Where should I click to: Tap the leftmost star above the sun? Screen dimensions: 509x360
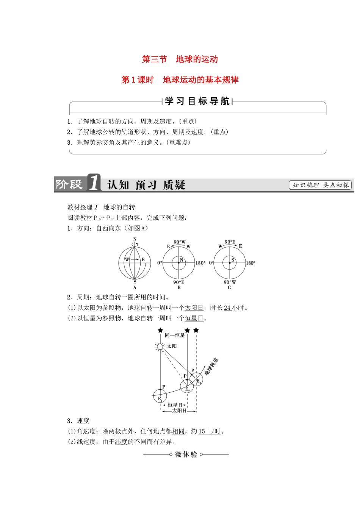(x=160, y=331)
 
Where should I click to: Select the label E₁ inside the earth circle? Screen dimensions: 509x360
(x=160, y=398)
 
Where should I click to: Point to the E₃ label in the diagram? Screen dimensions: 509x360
(x=199, y=382)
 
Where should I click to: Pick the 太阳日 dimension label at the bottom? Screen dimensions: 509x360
(x=178, y=411)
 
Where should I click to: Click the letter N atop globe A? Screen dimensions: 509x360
(x=135, y=239)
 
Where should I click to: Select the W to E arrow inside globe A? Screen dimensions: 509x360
(x=135, y=260)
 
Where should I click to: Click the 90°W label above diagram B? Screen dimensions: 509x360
(x=180, y=242)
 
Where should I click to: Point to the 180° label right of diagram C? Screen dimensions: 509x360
(x=250, y=263)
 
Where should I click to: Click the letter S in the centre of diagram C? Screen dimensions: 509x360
(x=233, y=260)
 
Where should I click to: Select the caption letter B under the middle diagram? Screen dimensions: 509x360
(x=179, y=287)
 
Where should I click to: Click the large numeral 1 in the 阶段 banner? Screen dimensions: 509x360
(x=94, y=183)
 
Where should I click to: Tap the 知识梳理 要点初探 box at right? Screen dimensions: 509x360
(x=320, y=185)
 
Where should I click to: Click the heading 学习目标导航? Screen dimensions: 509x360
(x=197, y=101)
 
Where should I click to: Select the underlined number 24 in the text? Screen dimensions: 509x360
(x=227, y=308)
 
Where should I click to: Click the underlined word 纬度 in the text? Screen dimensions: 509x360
(x=121, y=442)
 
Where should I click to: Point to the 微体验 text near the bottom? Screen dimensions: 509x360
(x=186, y=454)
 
